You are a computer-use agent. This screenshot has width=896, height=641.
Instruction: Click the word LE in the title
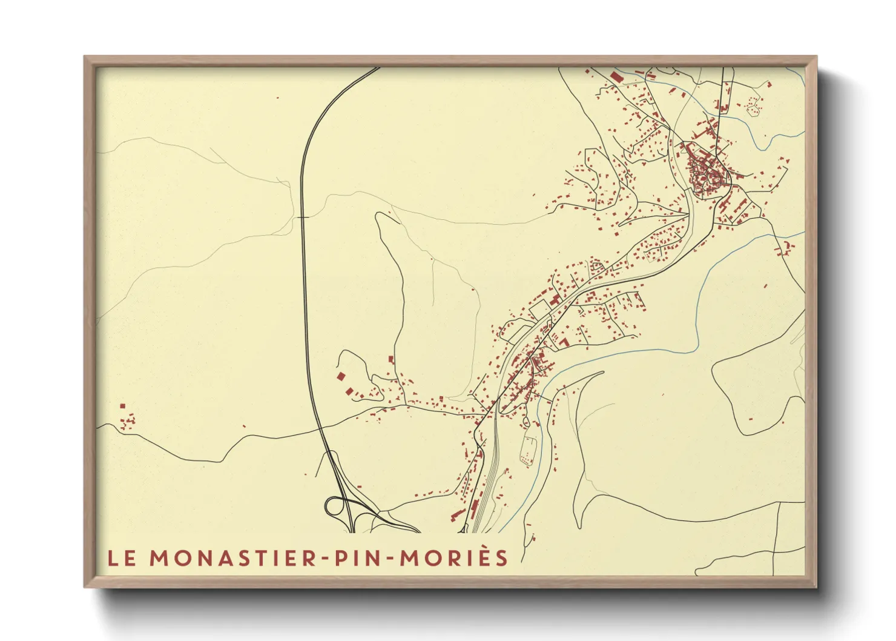pyautogui.click(x=122, y=558)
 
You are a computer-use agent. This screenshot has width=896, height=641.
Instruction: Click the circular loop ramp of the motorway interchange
pyautogui.click(x=335, y=506)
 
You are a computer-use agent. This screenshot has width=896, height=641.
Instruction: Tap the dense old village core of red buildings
pyautogui.click(x=706, y=172)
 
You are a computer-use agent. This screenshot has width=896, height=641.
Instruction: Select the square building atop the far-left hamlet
pyautogui.click(x=122, y=406)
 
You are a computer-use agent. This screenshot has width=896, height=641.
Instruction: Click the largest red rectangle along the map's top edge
pyautogui.click(x=616, y=78)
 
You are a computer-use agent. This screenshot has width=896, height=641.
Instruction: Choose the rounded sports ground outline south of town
pyautogui.click(x=529, y=450)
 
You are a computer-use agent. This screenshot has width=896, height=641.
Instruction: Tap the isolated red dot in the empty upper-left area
pyautogui.click(x=277, y=98)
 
